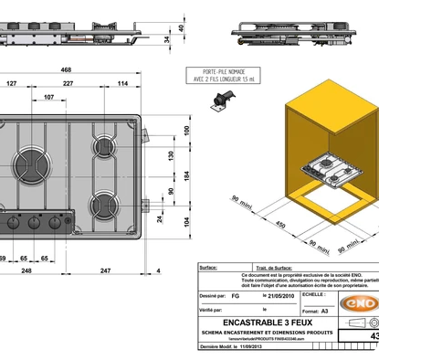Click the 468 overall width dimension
click(66, 69)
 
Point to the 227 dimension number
click(68, 84)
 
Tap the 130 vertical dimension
click(171, 154)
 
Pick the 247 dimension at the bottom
click(105, 270)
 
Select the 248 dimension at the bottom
click(26, 270)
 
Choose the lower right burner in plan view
click(105, 203)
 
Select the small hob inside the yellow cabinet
click(326, 171)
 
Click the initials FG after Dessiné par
click(236, 297)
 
